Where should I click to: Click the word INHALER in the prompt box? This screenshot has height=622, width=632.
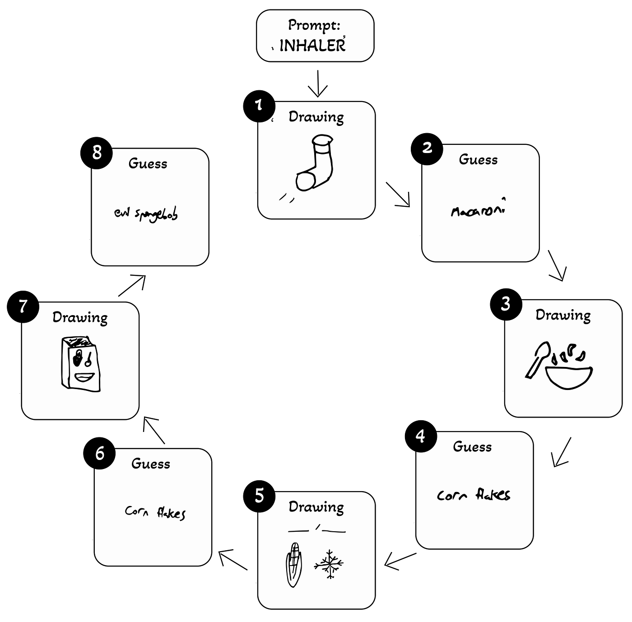[312, 45]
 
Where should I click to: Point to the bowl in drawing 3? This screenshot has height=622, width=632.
[569, 377]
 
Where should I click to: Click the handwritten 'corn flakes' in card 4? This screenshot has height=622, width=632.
[474, 495]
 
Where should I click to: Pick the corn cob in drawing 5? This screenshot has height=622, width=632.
[294, 564]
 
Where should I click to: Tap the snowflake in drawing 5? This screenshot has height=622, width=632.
[329, 564]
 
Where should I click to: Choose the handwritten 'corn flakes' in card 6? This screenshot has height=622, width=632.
[155, 512]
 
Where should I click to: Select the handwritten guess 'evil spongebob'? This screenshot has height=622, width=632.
[146, 214]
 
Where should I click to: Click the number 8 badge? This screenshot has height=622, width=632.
[97, 153]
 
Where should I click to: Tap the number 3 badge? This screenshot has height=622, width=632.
[506, 304]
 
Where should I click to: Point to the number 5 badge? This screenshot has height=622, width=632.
[260, 496]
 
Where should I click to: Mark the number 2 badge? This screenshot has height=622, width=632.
[427, 148]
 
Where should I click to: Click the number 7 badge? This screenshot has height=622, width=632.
[23, 306]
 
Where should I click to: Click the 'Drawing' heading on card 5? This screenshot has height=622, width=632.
[316, 507]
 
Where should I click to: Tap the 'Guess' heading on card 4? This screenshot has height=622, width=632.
[472, 447]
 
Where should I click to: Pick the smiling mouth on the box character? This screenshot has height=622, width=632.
[84, 377]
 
